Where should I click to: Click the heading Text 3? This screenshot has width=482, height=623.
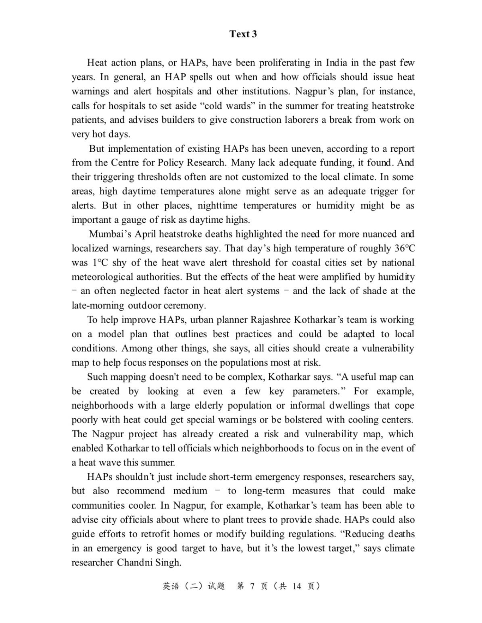point(243,34)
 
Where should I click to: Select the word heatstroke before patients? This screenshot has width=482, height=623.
point(393,106)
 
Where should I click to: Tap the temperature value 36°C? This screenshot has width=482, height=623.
point(405,248)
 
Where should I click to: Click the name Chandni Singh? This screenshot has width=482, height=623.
point(149,563)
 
